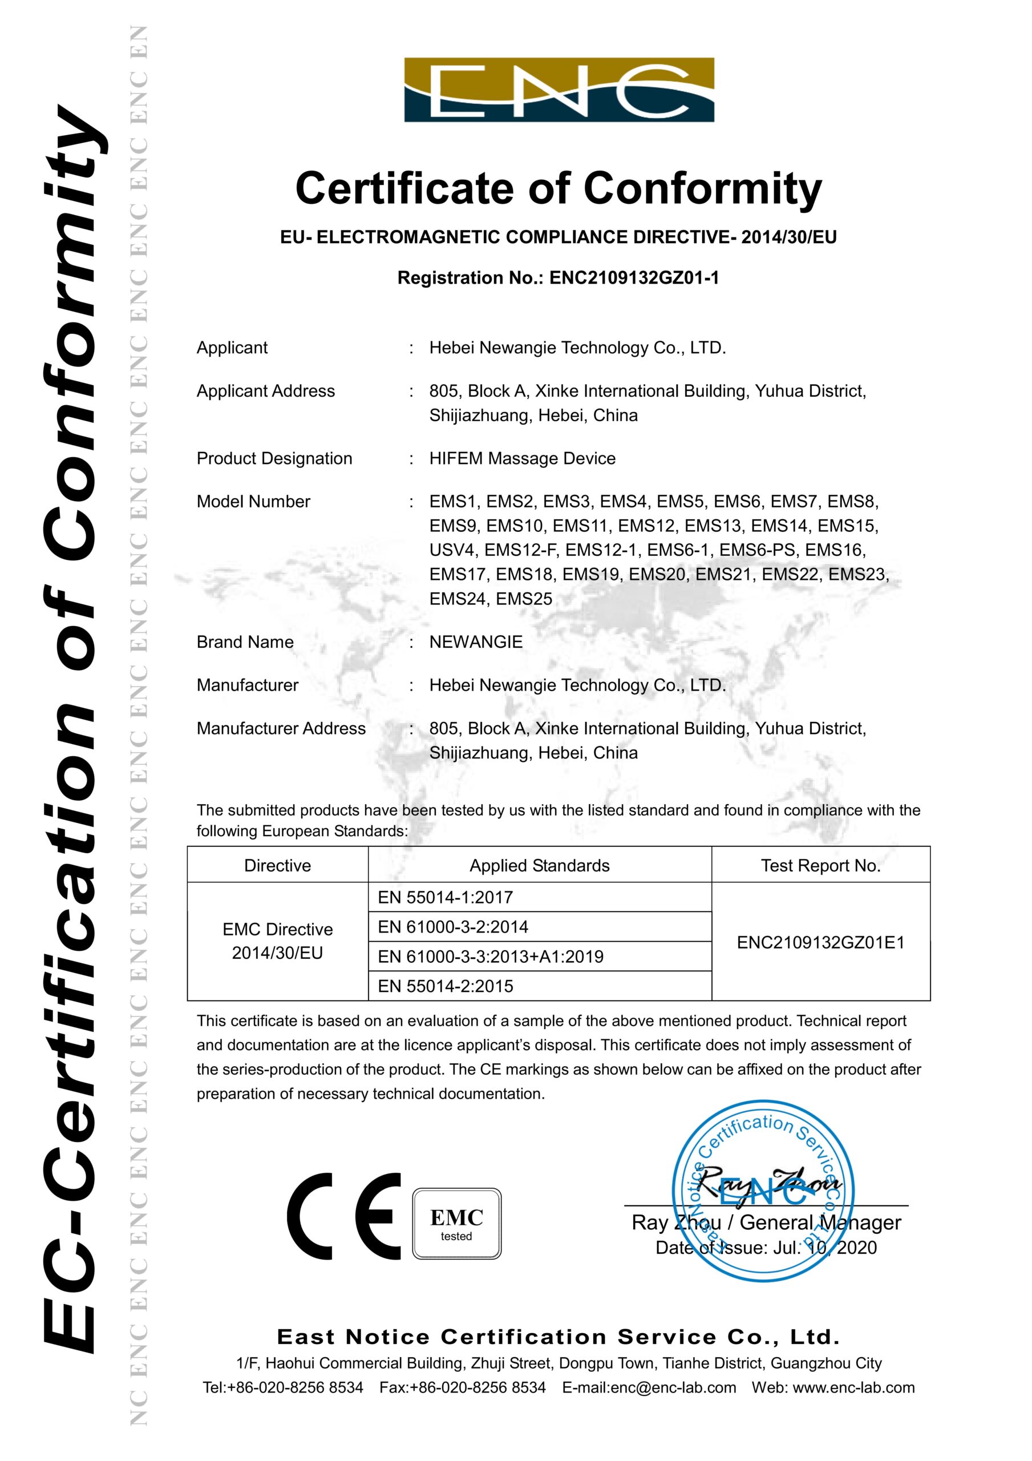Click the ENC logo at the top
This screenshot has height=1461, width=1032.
pyautogui.click(x=559, y=90)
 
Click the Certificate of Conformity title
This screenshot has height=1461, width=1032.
pyautogui.click(x=559, y=189)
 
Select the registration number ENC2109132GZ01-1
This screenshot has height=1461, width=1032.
pyautogui.click(x=634, y=278)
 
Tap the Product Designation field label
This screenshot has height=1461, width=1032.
pyautogui.click(x=274, y=458)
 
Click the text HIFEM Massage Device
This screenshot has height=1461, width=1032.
pyautogui.click(x=523, y=458)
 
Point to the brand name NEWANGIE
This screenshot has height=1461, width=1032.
pyautogui.click(x=476, y=641)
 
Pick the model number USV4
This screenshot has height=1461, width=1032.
pyautogui.click(x=452, y=550)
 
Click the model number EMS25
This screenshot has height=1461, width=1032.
pyautogui.click(x=524, y=599)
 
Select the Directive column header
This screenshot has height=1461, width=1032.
pyautogui.click(x=277, y=865)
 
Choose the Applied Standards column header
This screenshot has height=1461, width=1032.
pyautogui.click(x=540, y=865)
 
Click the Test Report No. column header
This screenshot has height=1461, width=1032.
pyautogui.click(x=821, y=865)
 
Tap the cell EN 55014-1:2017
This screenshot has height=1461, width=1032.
pyautogui.click(x=446, y=897)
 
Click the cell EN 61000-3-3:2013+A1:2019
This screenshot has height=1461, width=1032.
pyautogui.click(x=491, y=956)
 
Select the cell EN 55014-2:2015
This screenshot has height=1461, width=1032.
pyautogui.click(x=446, y=986)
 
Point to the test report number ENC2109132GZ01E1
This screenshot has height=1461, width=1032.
pyautogui.click(x=821, y=942)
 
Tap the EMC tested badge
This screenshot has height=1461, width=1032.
pyautogui.click(x=457, y=1224)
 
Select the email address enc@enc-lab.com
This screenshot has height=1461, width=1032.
pyautogui.click(x=673, y=1387)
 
